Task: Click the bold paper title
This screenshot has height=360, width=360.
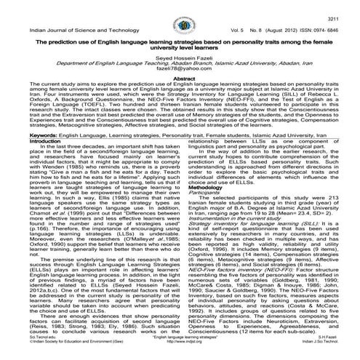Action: [x=180, y=46]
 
